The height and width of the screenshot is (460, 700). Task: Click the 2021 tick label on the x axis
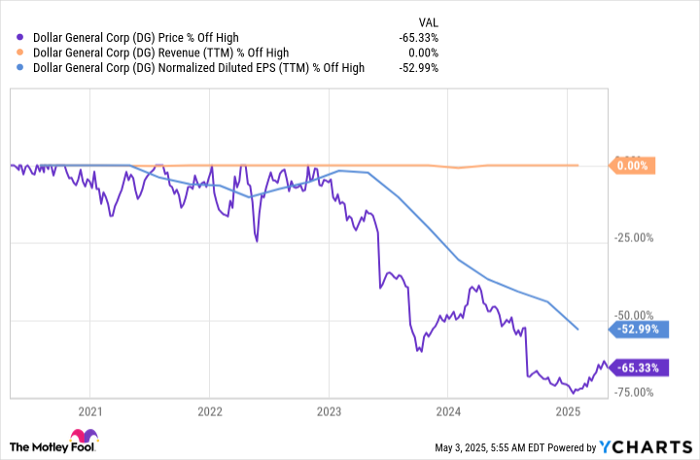tap(90, 410)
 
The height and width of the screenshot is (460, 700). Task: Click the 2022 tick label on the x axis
tap(209, 410)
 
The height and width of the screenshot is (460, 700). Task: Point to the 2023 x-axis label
tap(329, 410)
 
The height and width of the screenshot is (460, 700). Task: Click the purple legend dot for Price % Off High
tap(21, 37)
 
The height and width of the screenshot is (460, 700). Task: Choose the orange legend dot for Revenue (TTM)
tap(21, 53)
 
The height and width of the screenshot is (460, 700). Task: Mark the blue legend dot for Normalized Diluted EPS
tap(21, 68)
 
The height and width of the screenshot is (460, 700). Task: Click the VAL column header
tap(427, 18)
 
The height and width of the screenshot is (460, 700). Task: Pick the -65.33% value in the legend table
tap(418, 37)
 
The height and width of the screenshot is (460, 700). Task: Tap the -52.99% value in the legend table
tap(418, 68)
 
